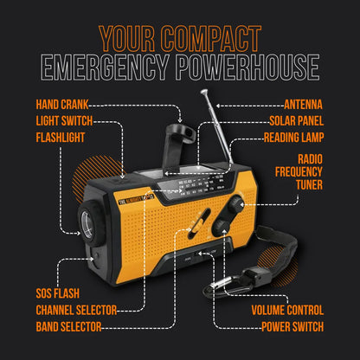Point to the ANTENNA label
point(299,106)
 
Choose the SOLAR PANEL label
point(295,121)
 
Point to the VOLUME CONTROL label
point(287,310)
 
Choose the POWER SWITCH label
point(292,326)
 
